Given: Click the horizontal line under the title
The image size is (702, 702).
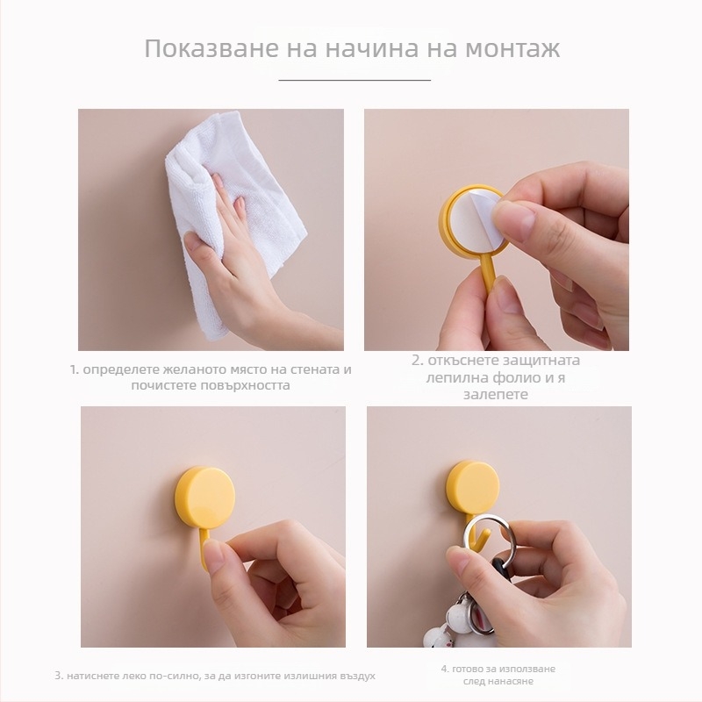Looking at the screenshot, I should click(355, 80).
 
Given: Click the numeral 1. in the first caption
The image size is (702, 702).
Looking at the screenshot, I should click(75, 369).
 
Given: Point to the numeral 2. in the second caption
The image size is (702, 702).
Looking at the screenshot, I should click(417, 360).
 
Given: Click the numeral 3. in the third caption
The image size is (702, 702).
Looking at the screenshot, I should click(58, 676).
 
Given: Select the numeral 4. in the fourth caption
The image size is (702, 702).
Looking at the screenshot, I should click(443, 669).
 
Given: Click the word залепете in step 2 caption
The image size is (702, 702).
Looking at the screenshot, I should click(496, 395).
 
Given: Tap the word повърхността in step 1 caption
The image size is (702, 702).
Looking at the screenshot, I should click(247, 385).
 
